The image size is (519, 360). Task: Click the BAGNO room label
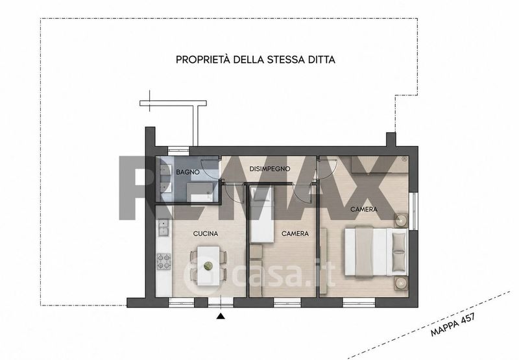coord(187,172)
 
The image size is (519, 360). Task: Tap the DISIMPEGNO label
coord(269,169)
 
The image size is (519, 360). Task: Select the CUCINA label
coord(206,234)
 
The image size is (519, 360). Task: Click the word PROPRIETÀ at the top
coord(202,60)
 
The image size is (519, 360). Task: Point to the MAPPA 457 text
coord(453,324)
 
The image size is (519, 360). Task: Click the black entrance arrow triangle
coord(221,317)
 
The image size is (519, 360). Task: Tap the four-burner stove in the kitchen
coord(164,261)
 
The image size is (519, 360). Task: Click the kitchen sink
coord(163,228)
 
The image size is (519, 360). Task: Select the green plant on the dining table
coord(208,265)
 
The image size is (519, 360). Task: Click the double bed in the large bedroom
coord(376,251)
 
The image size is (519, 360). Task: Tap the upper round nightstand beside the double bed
coord(400,220)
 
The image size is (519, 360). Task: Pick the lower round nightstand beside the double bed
coord(400,283)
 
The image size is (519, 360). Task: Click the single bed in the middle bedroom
coord(261,214)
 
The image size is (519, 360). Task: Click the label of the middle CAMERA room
coord(295,234)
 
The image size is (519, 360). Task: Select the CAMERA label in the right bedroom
coord(364,210)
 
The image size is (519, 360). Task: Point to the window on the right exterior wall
coord(413,210)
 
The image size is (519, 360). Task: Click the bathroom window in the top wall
coord(178,151)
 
